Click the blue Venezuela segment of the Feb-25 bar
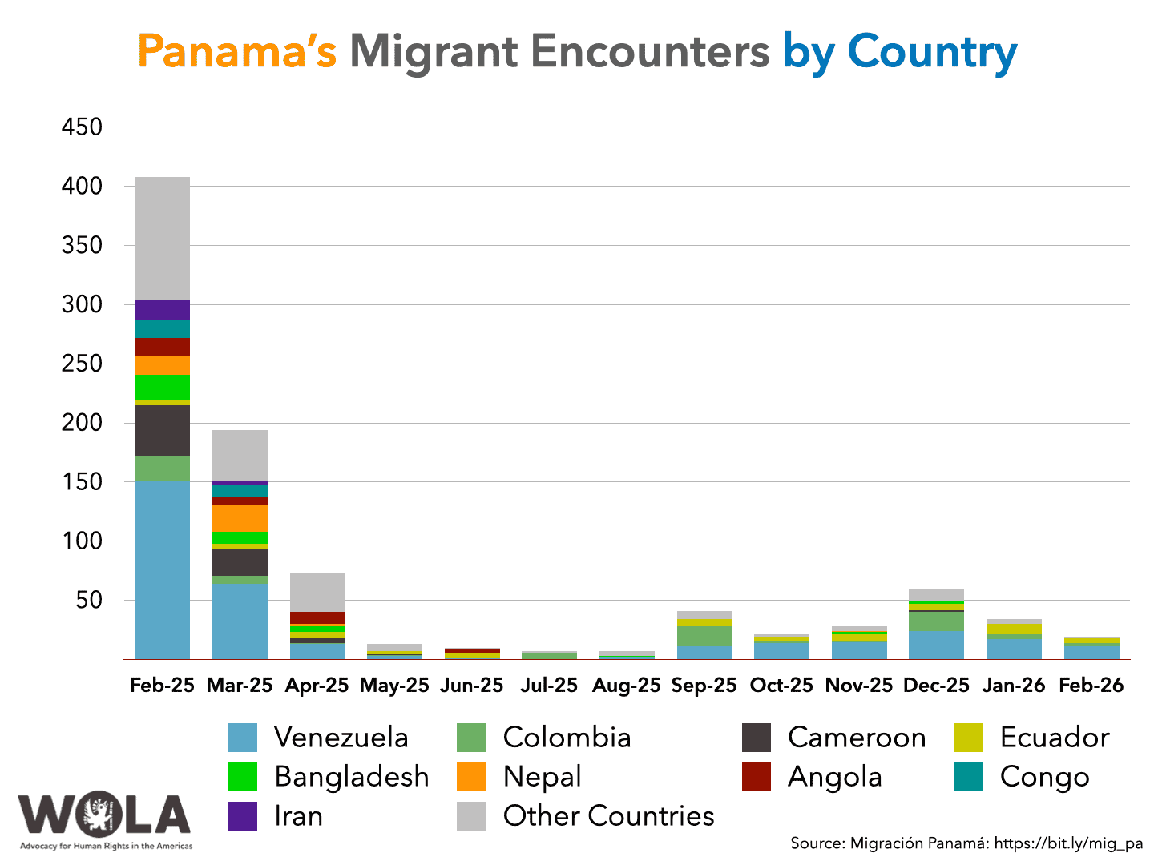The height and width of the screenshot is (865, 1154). (x=162, y=569)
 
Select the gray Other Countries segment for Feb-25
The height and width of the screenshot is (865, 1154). (x=162, y=238)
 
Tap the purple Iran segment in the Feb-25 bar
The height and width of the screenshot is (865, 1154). (x=162, y=310)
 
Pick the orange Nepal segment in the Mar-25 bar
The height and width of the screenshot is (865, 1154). (x=240, y=518)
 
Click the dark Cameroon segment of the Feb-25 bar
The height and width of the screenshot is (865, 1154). (x=162, y=430)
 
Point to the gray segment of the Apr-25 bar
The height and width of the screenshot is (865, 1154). (x=317, y=592)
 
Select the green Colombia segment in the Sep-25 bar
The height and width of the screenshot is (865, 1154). (x=704, y=636)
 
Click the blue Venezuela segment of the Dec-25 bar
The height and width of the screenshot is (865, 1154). (x=936, y=645)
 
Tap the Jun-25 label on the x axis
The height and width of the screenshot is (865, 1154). (x=472, y=686)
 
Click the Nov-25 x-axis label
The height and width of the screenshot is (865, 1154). (x=858, y=686)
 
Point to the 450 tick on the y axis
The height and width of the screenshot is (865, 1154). (x=82, y=127)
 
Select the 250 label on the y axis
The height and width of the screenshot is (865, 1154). (x=82, y=364)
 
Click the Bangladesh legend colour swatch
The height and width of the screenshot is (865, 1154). (x=243, y=777)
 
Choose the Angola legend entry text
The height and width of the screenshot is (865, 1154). (x=834, y=777)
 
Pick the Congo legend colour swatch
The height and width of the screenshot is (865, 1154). (x=968, y=777)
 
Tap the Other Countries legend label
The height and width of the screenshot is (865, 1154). (x=608, y=816)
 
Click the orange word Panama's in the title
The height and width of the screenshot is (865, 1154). (x=236, y=51)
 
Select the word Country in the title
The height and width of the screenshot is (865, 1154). (x=932, y=51)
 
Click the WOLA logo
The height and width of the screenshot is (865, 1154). (x=105, y=819)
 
